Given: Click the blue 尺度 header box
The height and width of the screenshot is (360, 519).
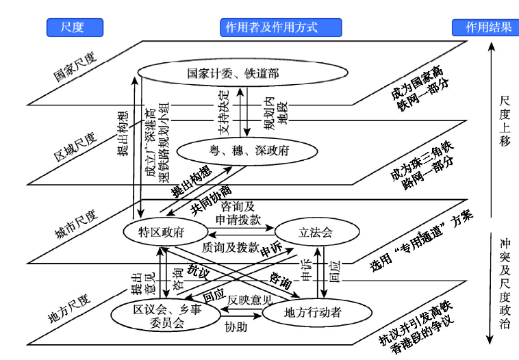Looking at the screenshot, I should click(75, 27).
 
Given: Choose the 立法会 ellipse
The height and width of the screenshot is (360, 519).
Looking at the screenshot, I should click(317, 232).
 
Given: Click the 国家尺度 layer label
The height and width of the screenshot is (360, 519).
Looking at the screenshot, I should click(77, 65).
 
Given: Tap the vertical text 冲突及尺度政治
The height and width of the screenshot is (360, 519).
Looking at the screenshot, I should click(505, 284).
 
